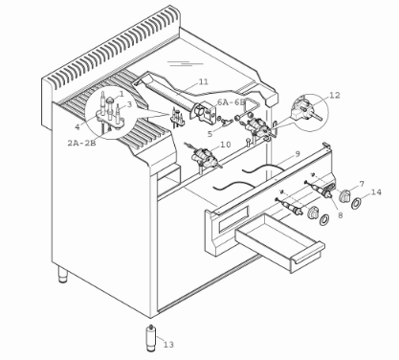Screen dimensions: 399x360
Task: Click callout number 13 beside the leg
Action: coord(168,345)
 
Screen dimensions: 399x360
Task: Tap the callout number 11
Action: coord(203,81)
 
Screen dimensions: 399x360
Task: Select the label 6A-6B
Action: coord(232,102)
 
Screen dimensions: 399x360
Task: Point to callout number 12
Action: coord(335,95)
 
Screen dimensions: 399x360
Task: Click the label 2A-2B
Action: coord(81,143)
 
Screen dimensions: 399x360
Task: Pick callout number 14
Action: coord(376,192)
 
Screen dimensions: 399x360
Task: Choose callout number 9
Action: coord(298,154)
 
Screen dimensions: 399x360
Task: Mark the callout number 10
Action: coord(225,145)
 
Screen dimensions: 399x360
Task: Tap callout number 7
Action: coord(362,184)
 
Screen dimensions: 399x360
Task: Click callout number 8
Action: coord(341,215)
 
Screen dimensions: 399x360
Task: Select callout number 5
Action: coord(210,134)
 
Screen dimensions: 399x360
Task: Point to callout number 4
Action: coord(78,126)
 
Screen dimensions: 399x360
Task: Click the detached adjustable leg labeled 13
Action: coord(149,338)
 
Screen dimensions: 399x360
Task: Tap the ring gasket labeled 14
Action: coord(356,204)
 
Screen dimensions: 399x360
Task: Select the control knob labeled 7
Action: coord(344,195)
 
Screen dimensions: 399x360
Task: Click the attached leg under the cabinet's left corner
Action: coord(63,275)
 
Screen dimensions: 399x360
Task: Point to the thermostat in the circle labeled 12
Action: coord(305,110)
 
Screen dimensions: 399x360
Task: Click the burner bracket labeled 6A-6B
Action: coord(205,113)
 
